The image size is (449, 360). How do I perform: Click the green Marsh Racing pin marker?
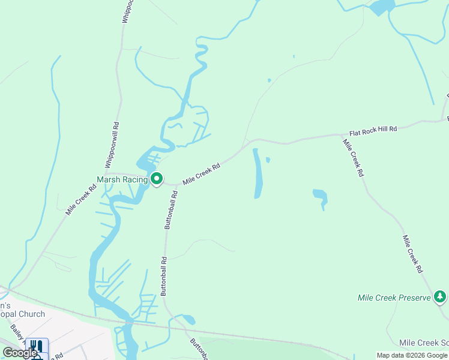pyautogui.click(x=157, y=179)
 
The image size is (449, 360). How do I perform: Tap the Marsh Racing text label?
pyautogui.click(x=122, y=179)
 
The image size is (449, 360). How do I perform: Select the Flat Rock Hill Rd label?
pyautogui.click(x=373, y=130)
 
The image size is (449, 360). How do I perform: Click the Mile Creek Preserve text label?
pyautogui.click(x=394, y=298)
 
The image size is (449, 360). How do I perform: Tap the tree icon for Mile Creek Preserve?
pyautogui.click(x=440, y=296)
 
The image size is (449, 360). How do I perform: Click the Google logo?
pyautogui.click(x=20, y=353)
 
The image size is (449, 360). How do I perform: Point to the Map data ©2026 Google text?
pyautogui.click(x=412, y=355)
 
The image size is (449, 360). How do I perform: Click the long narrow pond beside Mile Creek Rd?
pyautogui.click(x=257, y=173)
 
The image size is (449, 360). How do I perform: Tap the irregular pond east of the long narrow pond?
pyautogui.click(x=320, y=197)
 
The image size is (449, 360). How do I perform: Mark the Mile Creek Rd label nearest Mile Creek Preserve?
pyautogui.click(x=412, y=254)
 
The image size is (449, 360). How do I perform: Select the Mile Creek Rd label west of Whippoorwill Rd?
pyautogui.click(x=81, y=199)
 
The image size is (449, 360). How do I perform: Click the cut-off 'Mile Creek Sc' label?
pyautogui.click(x=424, y=343)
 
